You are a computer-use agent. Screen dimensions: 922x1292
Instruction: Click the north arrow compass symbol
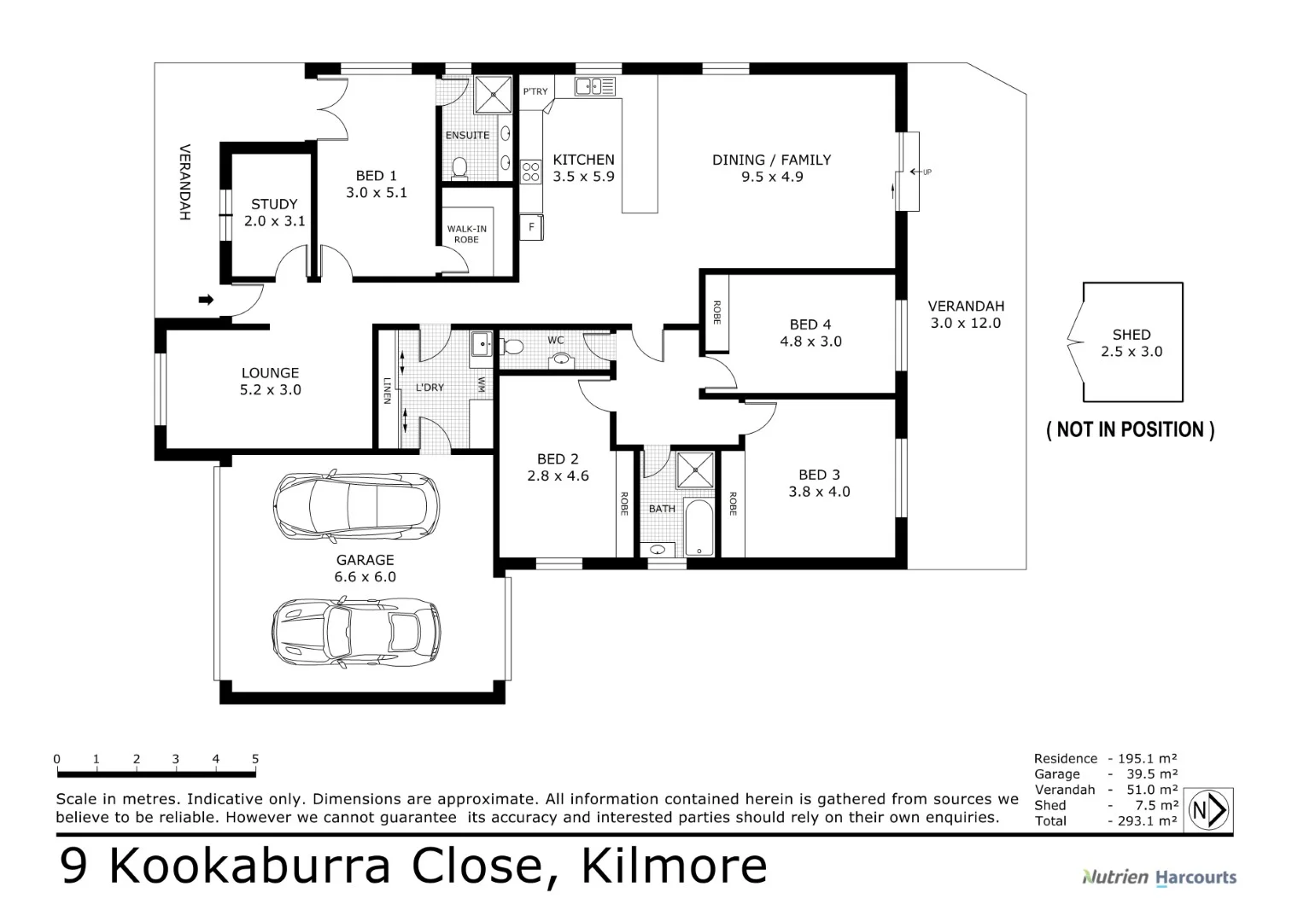coord(1210,809)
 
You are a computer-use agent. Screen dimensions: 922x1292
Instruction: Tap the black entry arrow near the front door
coord(206,300)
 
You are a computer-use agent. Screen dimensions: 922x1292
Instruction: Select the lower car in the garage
coord(355,632)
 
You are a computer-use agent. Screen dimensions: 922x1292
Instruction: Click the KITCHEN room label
coord(583,160)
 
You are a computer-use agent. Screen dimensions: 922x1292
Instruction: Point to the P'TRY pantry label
coord(535,91)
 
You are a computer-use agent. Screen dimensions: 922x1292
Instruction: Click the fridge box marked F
coord(532,227)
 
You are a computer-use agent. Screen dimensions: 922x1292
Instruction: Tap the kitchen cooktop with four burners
coord(530,171)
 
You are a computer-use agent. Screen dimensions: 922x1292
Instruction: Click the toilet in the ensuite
coord(459,167)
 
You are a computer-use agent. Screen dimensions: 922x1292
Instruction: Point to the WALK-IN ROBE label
coord(466,234)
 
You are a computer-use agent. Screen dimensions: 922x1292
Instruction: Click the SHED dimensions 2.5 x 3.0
coord(1131,352)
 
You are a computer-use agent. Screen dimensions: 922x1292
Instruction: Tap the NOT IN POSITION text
coord(1130,429)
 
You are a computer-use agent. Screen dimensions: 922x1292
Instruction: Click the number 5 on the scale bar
coord(255,758)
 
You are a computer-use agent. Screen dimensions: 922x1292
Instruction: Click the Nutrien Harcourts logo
coord(1159,877)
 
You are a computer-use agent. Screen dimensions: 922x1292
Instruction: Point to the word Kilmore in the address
coord(674,866)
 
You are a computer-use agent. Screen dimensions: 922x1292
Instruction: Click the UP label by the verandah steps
coord(927,172)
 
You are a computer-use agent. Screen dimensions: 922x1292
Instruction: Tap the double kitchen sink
coord(594,85)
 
